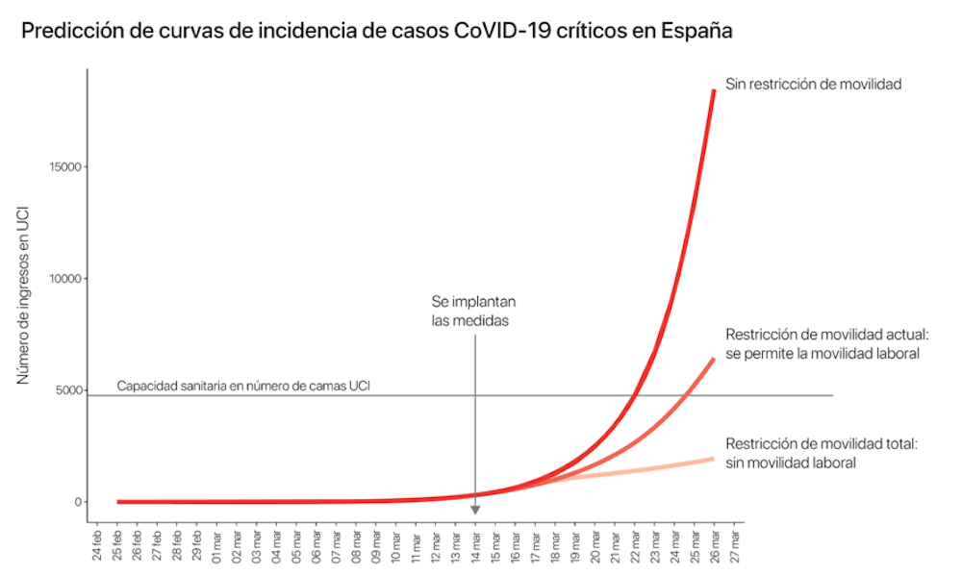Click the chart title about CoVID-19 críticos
click(x=377, y=31)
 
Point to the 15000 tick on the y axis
click(x=66, y=167)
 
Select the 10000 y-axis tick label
click(x=66, y=279)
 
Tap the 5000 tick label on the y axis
click(x=69, y=390)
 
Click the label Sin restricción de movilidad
click(x=813, y=84)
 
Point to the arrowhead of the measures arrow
click(x=475, y=510)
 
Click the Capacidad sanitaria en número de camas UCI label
click(x=244, y=387)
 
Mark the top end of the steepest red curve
click(x=714, y=90)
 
